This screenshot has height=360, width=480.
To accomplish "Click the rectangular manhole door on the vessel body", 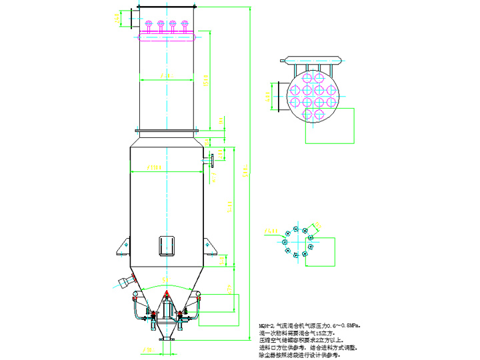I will pos(167,245).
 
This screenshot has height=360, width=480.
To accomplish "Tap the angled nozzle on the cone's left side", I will pos(125,281).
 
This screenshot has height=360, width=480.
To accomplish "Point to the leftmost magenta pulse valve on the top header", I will pos(149,25).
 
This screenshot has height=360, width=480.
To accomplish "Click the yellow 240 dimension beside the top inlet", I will pos(118,17).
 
